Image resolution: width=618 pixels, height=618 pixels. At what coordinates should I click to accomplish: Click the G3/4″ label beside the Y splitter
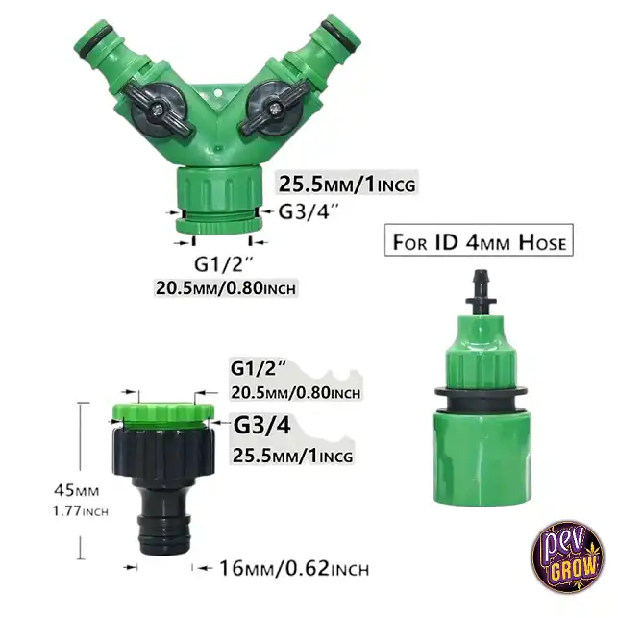[309, 211]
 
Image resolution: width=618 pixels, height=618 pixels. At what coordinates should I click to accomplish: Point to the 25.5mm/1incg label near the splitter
[347, 184]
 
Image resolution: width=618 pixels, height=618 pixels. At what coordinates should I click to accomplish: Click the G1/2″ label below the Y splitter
[223, 264]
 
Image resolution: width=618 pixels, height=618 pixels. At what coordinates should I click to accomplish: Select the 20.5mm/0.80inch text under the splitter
[226, 288]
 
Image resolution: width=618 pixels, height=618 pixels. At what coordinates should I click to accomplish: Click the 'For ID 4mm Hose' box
[479, 240]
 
